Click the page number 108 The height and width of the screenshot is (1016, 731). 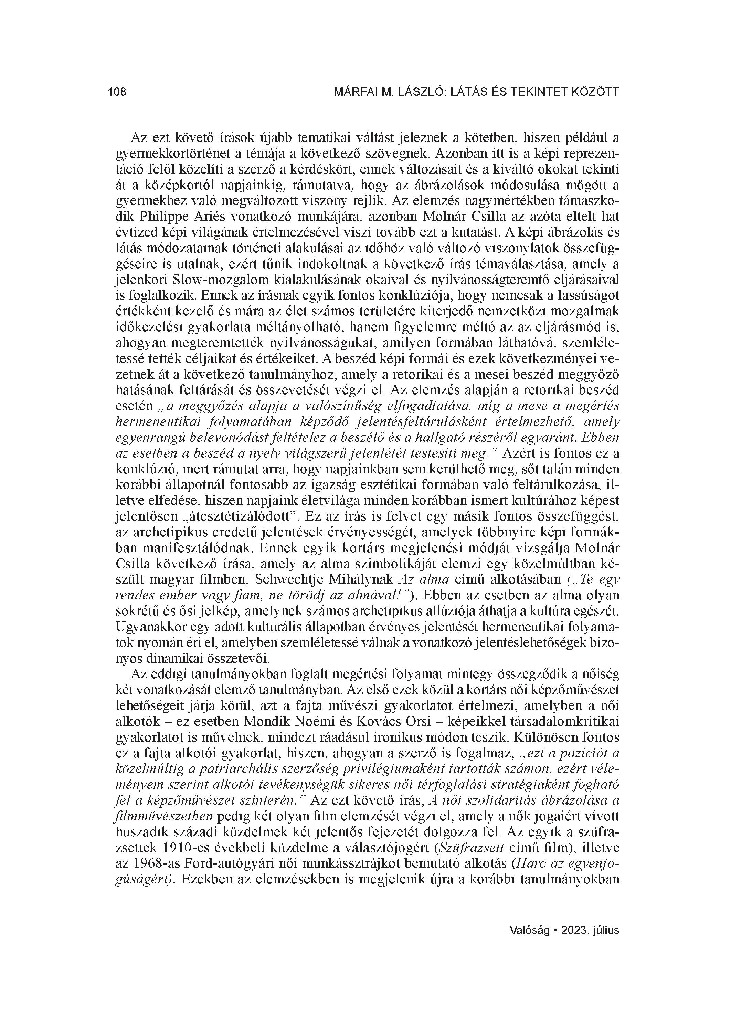pyautogui.click(x=117, y=92)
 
